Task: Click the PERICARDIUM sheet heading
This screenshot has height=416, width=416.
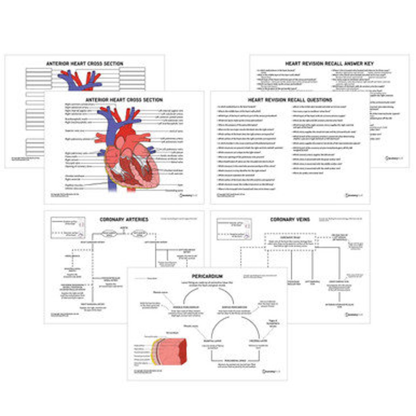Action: click(x=207, y=276)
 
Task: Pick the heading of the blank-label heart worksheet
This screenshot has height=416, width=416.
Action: click(x=85, y=63)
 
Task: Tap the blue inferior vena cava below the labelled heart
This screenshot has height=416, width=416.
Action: click(x=112, y=186)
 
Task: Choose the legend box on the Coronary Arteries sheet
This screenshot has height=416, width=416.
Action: click(x=68, y=228)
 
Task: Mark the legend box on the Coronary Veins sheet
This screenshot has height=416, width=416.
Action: click(x=234, y=229)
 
